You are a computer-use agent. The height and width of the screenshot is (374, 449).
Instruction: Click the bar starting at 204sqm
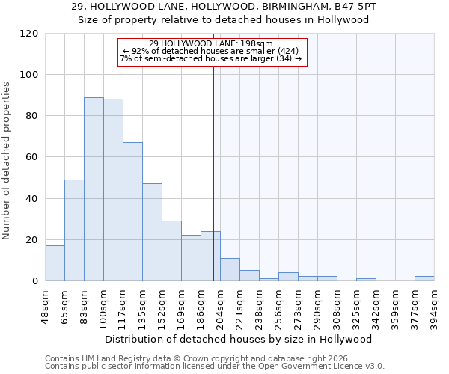click(x=230, y=269)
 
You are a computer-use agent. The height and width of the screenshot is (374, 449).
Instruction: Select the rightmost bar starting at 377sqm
click(x=424, y=278)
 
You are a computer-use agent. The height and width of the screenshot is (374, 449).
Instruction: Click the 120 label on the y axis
click(x=28, y=34)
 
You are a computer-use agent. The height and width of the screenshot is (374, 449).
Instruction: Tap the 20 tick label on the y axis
click(x=31, y=240)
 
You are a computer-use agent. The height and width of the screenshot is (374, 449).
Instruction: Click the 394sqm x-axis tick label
click(x=435, y=305)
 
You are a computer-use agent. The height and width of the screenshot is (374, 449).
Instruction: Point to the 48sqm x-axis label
click(x=46, y=305)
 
